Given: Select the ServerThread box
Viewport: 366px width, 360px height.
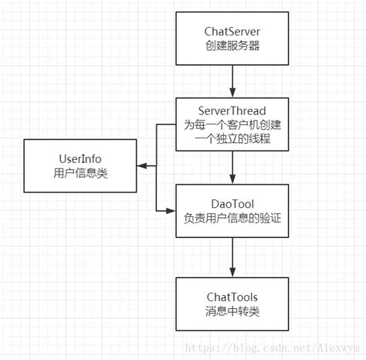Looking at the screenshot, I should (232, 124).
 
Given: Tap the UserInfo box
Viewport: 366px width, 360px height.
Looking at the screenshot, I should (82, 166).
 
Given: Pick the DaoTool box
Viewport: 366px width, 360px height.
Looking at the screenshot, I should (232, 210).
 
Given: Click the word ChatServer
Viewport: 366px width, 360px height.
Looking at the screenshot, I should (232, 31).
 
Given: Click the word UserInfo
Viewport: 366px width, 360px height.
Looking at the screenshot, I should (82, 158).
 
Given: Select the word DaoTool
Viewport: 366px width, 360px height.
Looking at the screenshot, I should (232, 202).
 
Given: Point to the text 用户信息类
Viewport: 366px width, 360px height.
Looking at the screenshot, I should (82, 175).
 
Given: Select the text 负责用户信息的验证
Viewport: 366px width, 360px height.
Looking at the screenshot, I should (232, 219).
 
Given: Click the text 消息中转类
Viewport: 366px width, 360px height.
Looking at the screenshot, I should (232, 312).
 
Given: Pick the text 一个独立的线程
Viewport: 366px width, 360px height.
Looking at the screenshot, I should (232, 140).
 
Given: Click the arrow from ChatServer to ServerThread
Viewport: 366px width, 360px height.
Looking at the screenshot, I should (232, 81).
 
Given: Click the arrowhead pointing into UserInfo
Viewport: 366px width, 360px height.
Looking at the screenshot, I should (143, 166).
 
